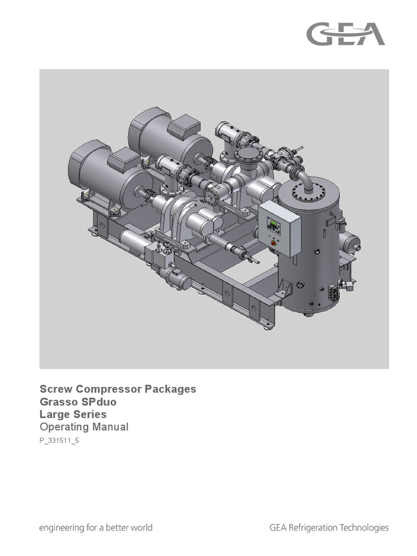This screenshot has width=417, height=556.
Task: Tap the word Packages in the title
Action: tap(170, 389)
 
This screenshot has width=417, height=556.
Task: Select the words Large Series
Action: tap(73, 414)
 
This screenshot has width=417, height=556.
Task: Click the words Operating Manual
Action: tap(84, 427)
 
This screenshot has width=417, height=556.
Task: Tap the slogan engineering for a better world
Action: tap(96, 527)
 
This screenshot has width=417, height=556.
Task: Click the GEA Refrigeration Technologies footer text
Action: tap(329, 527)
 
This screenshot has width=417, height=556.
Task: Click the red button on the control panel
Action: tap(273, 242)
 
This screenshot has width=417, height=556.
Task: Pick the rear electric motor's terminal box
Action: tap(183, 128)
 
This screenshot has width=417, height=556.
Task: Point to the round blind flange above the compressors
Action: tap(250, 156)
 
